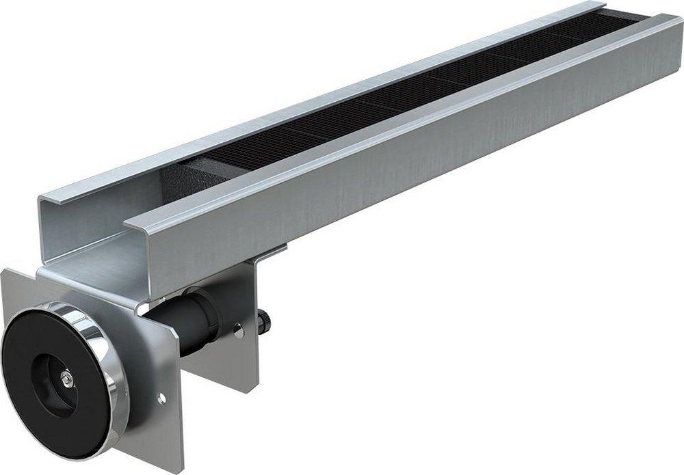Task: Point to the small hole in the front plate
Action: click(161, 398)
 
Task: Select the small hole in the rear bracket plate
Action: click(239, 334)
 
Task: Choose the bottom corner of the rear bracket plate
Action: click(244, 392)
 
